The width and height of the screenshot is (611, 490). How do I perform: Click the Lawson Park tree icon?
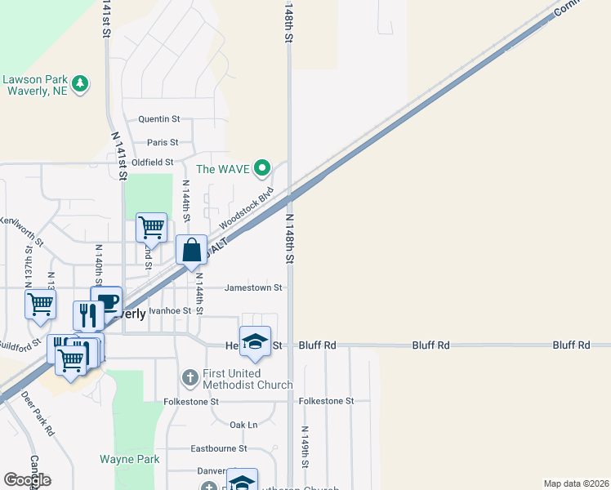[x=80, y=82]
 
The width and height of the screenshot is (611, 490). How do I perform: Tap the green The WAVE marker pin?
[x=261, y=169]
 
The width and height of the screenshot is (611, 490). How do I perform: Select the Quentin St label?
[x=158, y=119]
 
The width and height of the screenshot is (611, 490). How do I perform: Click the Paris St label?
[x=163, y=142]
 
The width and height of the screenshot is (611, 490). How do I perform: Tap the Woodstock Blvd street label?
[x=245, y=210]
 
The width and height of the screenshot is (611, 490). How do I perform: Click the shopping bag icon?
[x=191, y=250]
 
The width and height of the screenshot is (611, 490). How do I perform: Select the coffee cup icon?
[x=106, y=301]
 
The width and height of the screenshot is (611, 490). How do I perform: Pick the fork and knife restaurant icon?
[x=88, y=315]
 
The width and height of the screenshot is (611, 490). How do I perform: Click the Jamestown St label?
[x=253, y=287]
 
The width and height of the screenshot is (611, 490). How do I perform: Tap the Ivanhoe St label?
[x=171, y=310]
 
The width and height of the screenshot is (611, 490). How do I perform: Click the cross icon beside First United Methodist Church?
[x=190, y=376]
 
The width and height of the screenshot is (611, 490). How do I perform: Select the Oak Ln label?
[x=243, y=425]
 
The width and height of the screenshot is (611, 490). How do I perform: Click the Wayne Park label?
[x=130, y=459]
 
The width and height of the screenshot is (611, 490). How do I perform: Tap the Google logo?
[x=27, y=480]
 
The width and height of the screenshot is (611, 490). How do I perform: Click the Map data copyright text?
[x=575, y=483]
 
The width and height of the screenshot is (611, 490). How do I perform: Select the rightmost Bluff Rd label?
[x=571, y=345]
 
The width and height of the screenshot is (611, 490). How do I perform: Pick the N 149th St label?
[x=304, y=446]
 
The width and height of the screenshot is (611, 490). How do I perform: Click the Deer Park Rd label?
[x=38, y=412]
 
